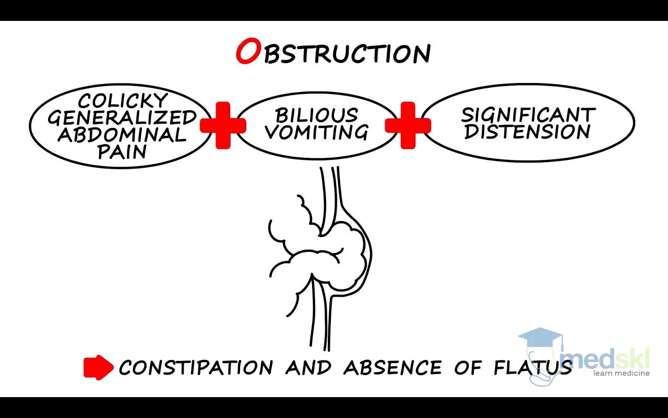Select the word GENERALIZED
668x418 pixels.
[x=123, y=118]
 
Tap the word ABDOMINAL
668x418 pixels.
[x=122, y=135]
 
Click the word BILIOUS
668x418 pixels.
[x=317, y=115]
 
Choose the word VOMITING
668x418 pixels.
[x=317, y=132]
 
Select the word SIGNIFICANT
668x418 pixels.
[x=528, y=114]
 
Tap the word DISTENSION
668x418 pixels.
[x=528, y=132]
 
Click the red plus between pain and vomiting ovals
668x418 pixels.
[x=223, y=125]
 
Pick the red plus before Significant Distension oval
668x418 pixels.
[x=408, y=125]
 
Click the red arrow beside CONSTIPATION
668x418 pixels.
[x=99, y=367]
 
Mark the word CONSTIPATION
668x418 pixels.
[x=196, y=367]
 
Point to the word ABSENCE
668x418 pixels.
[x=392, y=367]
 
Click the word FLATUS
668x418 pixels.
[x=532, y=367]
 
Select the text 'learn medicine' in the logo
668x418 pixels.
[x=621, y=373]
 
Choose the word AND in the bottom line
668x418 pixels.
[x=308, y=367]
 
